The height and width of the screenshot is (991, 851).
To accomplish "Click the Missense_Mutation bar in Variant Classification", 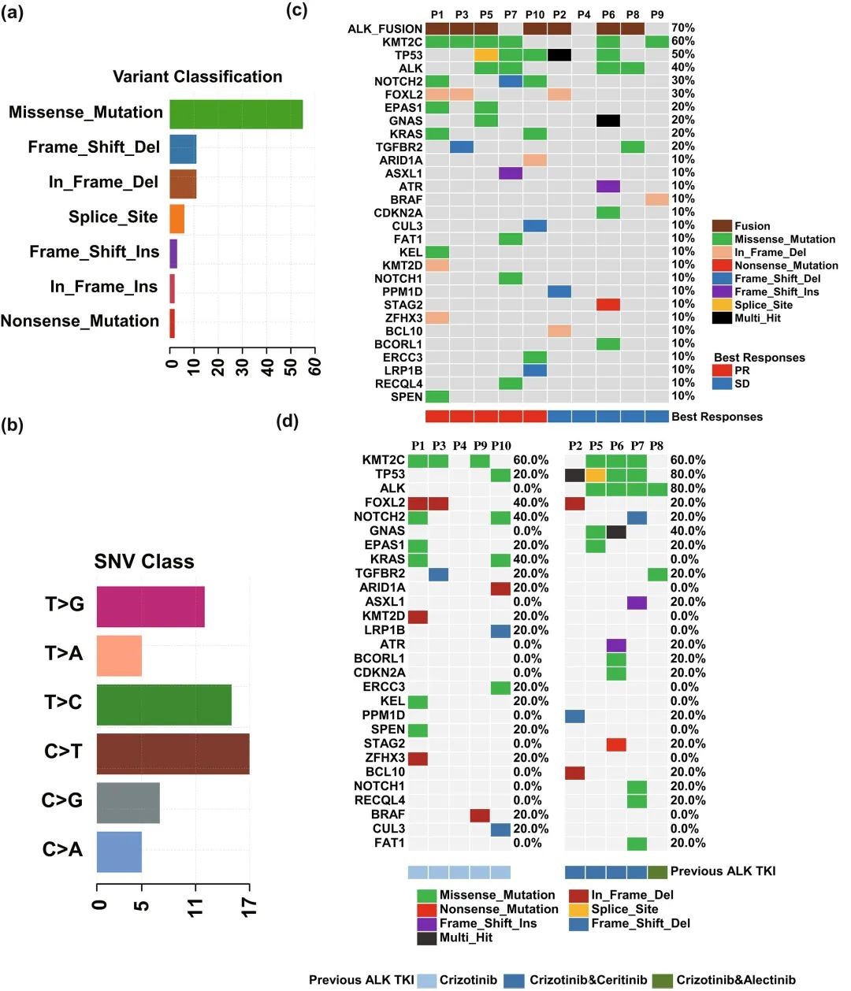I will [236, 114].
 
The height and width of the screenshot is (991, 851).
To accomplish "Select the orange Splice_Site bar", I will [177, 218].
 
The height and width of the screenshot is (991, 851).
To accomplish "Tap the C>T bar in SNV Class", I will [173, 754].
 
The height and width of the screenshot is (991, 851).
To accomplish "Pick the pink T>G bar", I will [151, 607].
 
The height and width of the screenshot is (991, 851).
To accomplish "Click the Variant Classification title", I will [197, 76].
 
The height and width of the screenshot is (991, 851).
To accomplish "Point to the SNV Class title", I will [144, 562].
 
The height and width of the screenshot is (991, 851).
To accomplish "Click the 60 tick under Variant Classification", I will [315, 366].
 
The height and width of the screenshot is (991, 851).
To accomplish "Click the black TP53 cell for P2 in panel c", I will [559, 55].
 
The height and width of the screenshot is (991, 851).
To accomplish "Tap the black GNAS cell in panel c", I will [608, 121].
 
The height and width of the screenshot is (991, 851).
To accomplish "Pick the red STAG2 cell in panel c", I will [608, 305].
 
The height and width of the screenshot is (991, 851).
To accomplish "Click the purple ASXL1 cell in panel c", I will [511, 173].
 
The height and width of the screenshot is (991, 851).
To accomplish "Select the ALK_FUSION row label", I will [385, 29].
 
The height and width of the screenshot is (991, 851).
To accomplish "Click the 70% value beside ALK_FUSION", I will [682, 28].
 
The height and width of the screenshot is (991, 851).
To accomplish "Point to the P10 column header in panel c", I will [535, 14].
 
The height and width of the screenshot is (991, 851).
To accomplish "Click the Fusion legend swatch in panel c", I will [722, 226].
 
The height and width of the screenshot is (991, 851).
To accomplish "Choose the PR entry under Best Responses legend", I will [722, 370].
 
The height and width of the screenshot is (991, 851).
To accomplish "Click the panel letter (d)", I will [288, 421].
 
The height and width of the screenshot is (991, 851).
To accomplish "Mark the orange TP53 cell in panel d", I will [596, 475].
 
